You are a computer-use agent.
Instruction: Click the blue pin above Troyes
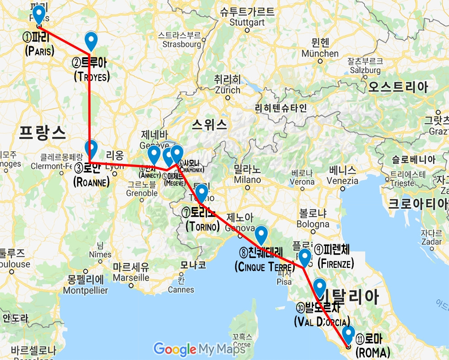92,41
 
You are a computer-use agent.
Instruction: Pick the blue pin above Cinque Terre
261,235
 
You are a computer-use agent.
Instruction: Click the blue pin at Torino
201,193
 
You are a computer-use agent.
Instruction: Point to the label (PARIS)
39,50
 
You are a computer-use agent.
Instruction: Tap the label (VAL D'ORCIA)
322,322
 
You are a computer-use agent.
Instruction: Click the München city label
320,54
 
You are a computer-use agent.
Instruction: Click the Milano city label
247,180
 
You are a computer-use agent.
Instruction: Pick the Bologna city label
314,224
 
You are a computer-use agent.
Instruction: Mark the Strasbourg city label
179,44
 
